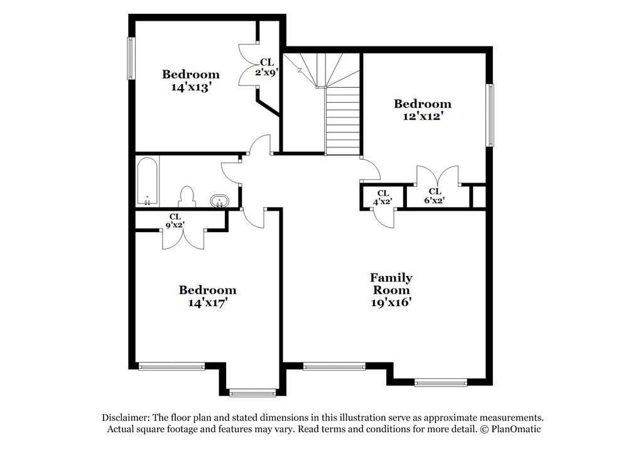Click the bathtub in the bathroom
(x=148, y=182)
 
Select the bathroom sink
(x=219, y=201)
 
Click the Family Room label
(x=391, y=284)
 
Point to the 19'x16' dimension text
(x=391, y=302)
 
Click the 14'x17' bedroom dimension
(x=207, y=302)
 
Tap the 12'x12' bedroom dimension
(x=422, y=116)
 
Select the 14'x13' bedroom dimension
(x=191, y=87)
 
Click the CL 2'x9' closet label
(x=267, y=67)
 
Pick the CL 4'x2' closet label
(x=383, y=198)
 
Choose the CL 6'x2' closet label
(x=435, y=196)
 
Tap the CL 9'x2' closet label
(x=175, y=221)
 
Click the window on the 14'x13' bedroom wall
(x=131, y=58)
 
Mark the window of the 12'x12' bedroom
(x=490, y=115)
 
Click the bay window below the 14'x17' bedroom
(x=252, y=393)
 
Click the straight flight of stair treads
(x=343, y=120)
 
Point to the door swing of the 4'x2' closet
(x=384, y=218)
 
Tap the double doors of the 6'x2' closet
(x=438, y=176)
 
